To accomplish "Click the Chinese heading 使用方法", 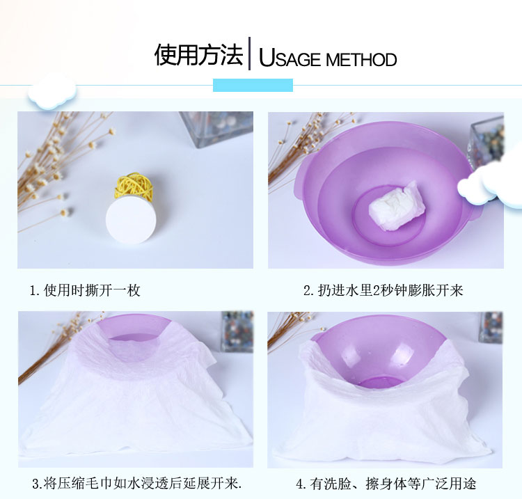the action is click(x=199, y=54).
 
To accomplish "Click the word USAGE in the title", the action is click(x=290, y=58).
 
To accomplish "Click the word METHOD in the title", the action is click(x=361, y=60).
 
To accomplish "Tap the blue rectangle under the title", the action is click(x=253, y=85).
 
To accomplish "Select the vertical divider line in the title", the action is click(x=249, y=54).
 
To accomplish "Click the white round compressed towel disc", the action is click(x=131, y=220).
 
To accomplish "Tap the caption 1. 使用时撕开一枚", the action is click(x=85, y=290).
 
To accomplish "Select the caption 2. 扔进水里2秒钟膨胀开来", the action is click(x=383, y=290).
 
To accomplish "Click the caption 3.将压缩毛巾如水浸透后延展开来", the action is click(x=137, y=484).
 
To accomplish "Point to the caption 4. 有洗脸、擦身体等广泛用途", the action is click(x=386, y=484).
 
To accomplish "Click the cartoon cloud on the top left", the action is click(x=52, y=93).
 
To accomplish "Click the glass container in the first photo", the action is click(x=216, y=129).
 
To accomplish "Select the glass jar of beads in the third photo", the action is click(x=237, y=331).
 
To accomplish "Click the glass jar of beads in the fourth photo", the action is click(x=490, y=327).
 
